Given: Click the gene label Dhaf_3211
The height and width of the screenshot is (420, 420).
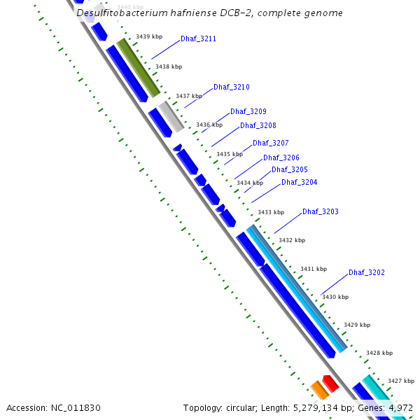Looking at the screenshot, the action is tap(198, 39).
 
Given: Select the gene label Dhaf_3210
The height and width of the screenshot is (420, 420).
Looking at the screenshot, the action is tap(232, 87).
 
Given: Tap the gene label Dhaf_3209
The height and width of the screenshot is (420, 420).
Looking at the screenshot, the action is tap(248, 111).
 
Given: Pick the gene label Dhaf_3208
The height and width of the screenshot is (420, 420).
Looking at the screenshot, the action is tap(258, 126).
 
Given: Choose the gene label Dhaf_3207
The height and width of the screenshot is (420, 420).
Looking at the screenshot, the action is tap(271, 143).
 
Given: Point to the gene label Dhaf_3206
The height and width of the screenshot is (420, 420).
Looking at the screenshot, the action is tap(281, 158).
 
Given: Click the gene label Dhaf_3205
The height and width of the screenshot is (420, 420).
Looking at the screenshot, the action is tap(290, 169).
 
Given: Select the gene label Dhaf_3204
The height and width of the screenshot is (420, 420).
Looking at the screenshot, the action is tap(300, 183).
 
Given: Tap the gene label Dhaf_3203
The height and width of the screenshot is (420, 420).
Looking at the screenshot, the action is tap(321, 211).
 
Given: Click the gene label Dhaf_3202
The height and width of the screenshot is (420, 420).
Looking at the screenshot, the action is tap(367, 272).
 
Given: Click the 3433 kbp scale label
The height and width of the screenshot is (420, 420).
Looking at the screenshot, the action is tap(271, 212).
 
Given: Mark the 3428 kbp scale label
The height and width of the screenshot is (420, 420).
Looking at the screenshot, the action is tap(379, 353).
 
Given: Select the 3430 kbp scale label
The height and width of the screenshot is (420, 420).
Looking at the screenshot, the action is tap(335, 297).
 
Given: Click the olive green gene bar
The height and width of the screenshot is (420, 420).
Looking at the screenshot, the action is tap(139, 68).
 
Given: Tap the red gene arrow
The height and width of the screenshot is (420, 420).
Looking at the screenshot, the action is tap(330, 383).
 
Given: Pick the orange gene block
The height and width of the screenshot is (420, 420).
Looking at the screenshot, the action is tap(319, 391).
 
